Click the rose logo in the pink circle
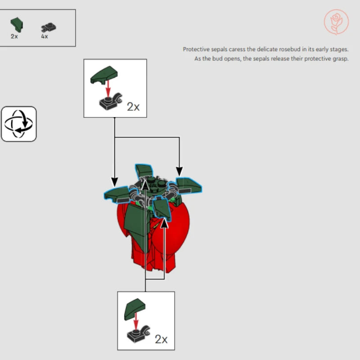336,22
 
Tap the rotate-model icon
19,124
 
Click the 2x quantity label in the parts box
14,36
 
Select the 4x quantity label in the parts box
45,36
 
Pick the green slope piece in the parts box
17,25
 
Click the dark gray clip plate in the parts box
49,27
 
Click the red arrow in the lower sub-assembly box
136,321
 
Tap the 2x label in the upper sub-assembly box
133,107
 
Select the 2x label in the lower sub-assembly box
161,339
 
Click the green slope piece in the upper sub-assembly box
104,75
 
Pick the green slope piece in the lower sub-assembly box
135,309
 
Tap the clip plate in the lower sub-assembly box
139,334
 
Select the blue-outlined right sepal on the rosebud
189,186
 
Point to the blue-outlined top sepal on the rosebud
144,171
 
